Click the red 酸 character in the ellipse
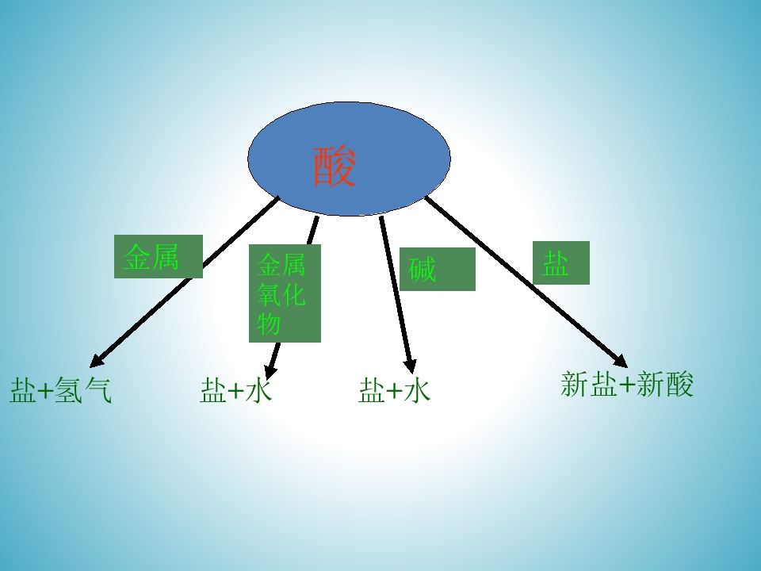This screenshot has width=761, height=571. (335, 167)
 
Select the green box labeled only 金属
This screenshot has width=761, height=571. (159, 256)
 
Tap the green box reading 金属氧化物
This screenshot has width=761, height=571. (285, 293)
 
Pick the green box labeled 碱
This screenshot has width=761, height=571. (438, 269)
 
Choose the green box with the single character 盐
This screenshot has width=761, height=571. (561, 263)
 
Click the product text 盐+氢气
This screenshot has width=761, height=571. (61, 390)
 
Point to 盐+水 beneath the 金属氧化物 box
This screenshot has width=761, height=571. (236, 390)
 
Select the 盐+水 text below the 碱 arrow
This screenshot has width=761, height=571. (394, 390)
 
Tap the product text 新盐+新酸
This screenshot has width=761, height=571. (627, 385)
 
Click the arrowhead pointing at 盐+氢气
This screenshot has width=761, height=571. (96, 362)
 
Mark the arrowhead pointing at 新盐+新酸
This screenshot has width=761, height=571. (621, 362)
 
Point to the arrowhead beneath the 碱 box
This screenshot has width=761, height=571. (411, 366)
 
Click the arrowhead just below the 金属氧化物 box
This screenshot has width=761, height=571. (270, 371)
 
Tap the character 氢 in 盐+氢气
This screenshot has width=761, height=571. (68, 390)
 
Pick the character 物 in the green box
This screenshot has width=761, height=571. (269, 324)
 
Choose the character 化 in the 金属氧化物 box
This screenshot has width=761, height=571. (293, 294)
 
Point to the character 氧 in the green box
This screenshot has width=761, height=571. (269, 294)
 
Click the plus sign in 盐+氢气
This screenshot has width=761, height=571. (44, 391)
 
